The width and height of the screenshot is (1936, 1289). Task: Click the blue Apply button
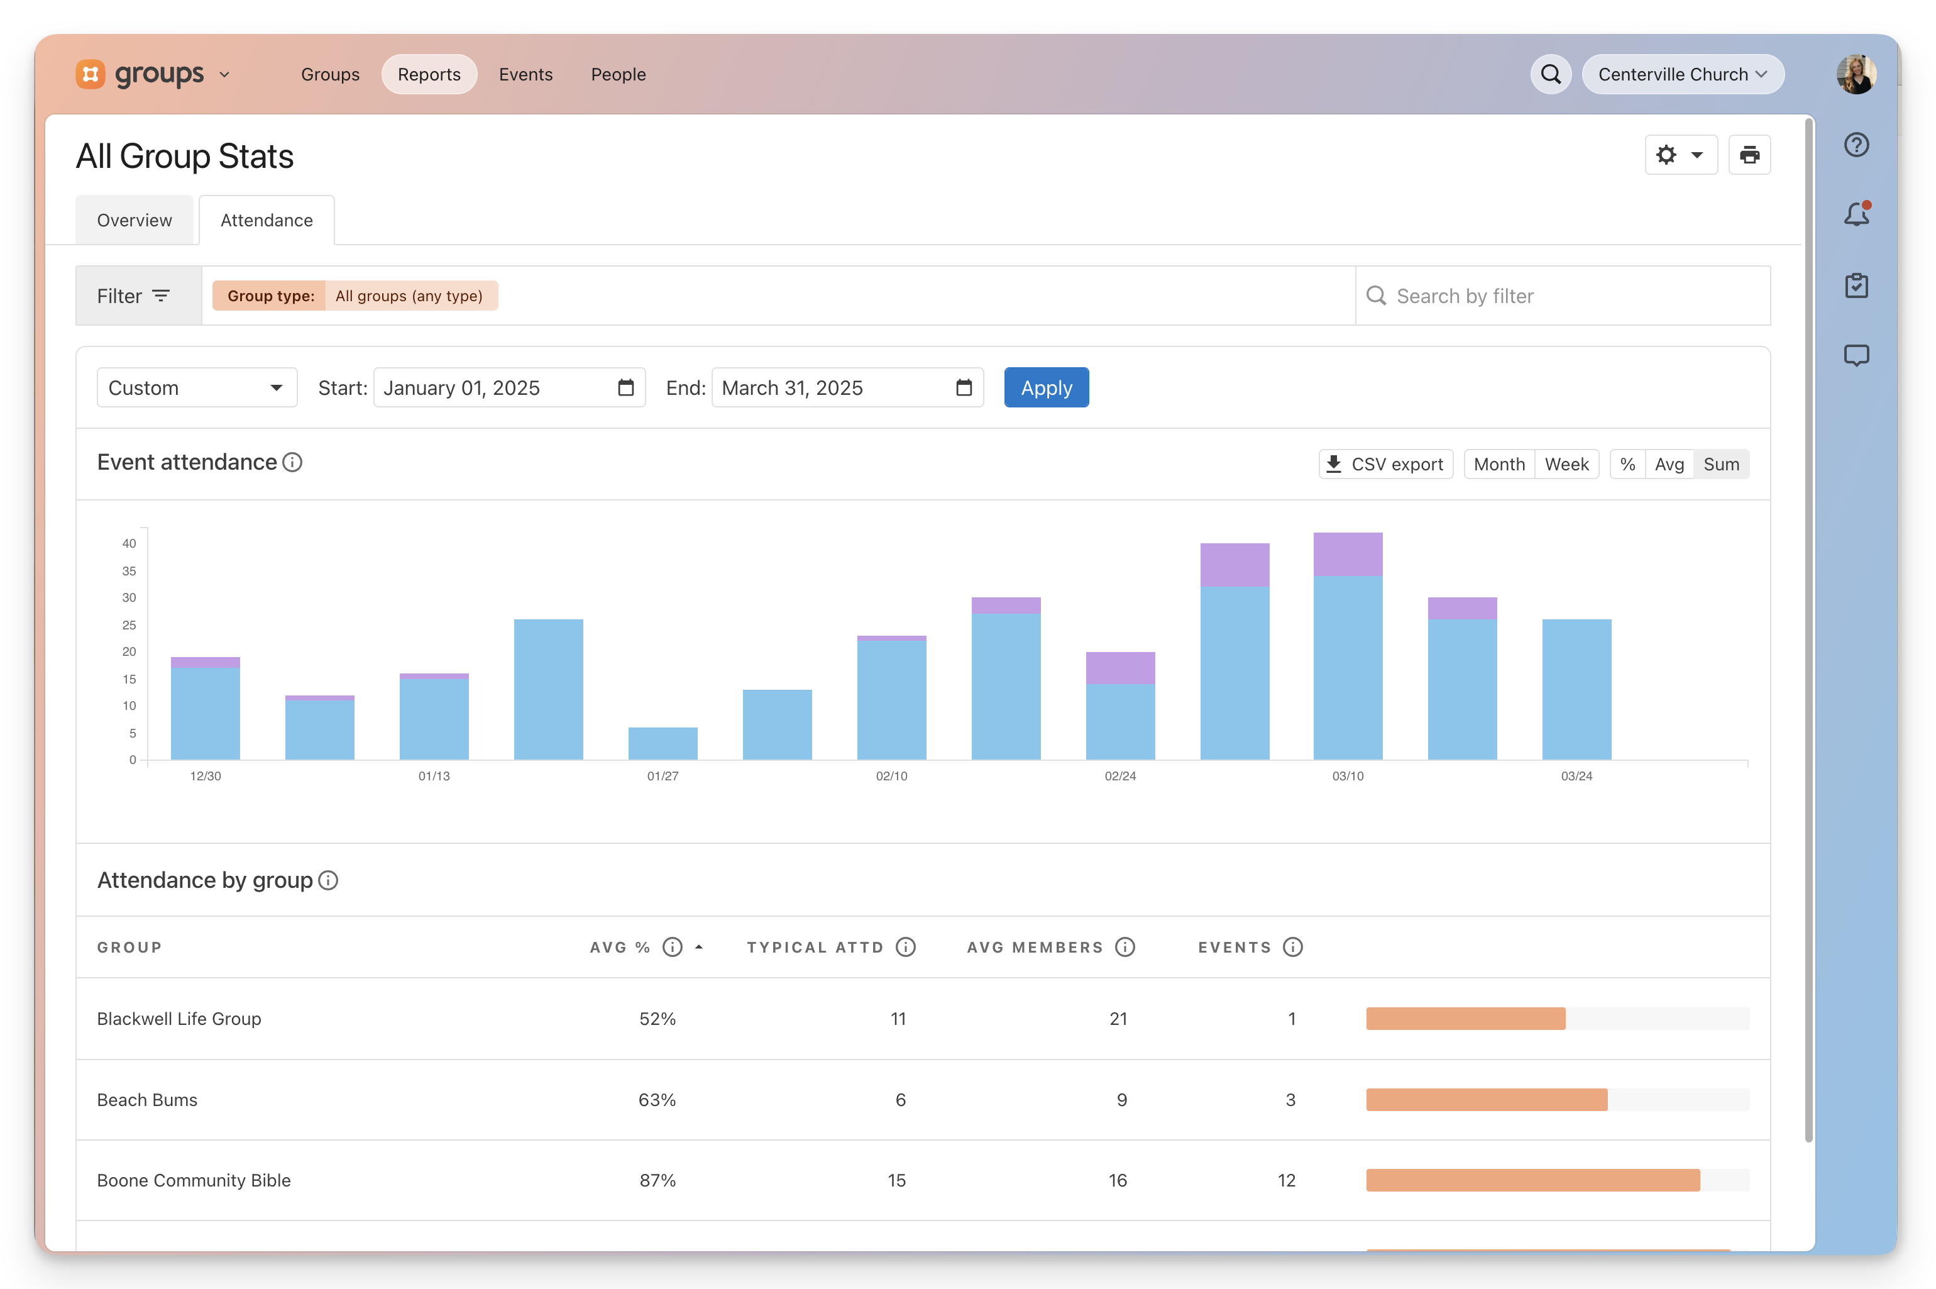coord(1046,387)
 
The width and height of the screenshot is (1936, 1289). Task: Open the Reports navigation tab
coord(429,74)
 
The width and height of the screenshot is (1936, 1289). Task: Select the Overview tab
coord(135,220)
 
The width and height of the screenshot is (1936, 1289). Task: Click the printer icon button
coord(1749,155)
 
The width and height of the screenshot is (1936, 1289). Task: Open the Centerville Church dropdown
coord(1682,74)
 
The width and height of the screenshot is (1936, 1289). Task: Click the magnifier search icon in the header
coord(1551,74)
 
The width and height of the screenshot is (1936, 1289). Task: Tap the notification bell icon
coord(1856,214)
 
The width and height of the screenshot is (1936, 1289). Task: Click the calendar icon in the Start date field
coord(626,387)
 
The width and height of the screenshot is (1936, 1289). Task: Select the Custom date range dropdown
coord(196,387)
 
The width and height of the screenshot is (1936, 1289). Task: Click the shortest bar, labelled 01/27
coord(663,743)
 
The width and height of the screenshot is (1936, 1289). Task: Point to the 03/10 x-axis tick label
coord(1348,776)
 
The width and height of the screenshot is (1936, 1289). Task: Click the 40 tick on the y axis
coord(129,543)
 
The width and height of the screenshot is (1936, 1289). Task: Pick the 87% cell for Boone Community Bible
coord(657,1180)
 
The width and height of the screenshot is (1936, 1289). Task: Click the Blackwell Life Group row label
coord(179,1019)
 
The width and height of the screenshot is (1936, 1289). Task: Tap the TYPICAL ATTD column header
coord(815,947)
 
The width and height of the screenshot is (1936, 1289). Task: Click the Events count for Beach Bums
coord(1290,1100)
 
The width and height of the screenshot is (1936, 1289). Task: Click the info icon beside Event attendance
coord(292,462)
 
